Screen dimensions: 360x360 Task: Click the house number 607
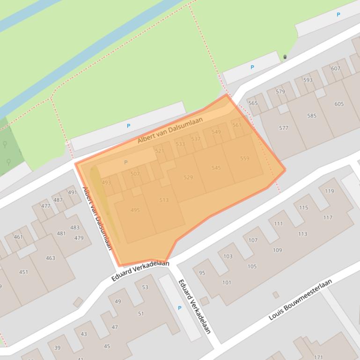pyautogui.click(x=335, y=68)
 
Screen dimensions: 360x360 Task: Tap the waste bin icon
pyautogui.click(x=285, y=57)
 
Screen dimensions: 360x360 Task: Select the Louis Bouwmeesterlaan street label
pyautogui.click(x=300, y=299)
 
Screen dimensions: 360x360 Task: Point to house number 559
pyautogui.click(x=244, y=158)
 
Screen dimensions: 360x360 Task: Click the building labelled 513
pyautogui.click(x=163, y=200)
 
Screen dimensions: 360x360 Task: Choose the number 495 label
pyautogui.click(x=135, y=210)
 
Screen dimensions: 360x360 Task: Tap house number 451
pyautogui.click(x=23, y=272)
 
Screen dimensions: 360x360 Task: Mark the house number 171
pyautogui.click(x=318, y=357)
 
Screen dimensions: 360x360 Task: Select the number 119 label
pyautogui.click(x=329, y=191)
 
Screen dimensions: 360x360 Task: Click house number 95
pyautogui.click(x=202, y=273)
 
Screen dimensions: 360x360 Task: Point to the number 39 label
pyautogui.click(x=57, y=348)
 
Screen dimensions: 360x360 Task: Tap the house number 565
pyautogui.click(x=253, y=103)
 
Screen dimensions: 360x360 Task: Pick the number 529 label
pyautogui.click(x=188, y=177)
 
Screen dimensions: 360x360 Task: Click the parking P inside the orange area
pyautogui.click(x=125, y=162)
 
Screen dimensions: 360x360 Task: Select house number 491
pyautogui.click(x=72, y=192)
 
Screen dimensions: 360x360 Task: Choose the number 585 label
pyautogui.click(x=311, y=116)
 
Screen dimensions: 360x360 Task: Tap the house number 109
pyautogui.click(x=277, y=250)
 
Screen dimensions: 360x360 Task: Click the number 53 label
pyautogui.click(x=145, y=288)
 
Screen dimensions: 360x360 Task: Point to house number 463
pyautogui.click(x=50, y=258)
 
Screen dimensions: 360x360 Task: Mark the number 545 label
pyautogui.click(x=216, y=168)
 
